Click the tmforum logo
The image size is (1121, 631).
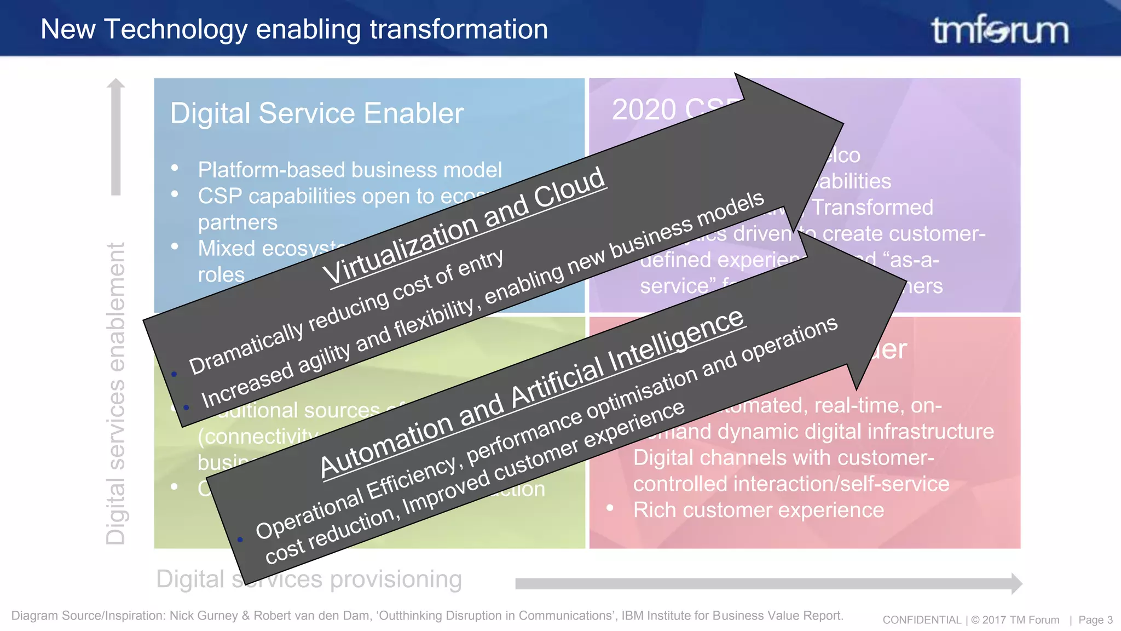999,30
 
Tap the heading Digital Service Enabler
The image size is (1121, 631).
316,113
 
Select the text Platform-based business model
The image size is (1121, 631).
349,170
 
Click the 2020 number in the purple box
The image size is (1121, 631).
644,110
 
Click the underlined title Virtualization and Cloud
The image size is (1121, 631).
464,226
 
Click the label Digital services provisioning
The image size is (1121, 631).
309,580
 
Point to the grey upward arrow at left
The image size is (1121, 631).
115,137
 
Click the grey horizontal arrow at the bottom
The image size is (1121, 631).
766,584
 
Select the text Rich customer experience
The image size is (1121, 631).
758,510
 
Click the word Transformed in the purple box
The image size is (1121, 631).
872,208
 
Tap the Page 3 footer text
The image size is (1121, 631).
1095,620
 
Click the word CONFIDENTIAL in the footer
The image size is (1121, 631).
922,620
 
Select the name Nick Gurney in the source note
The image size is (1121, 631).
204,616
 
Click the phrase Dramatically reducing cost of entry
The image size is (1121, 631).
346,312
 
